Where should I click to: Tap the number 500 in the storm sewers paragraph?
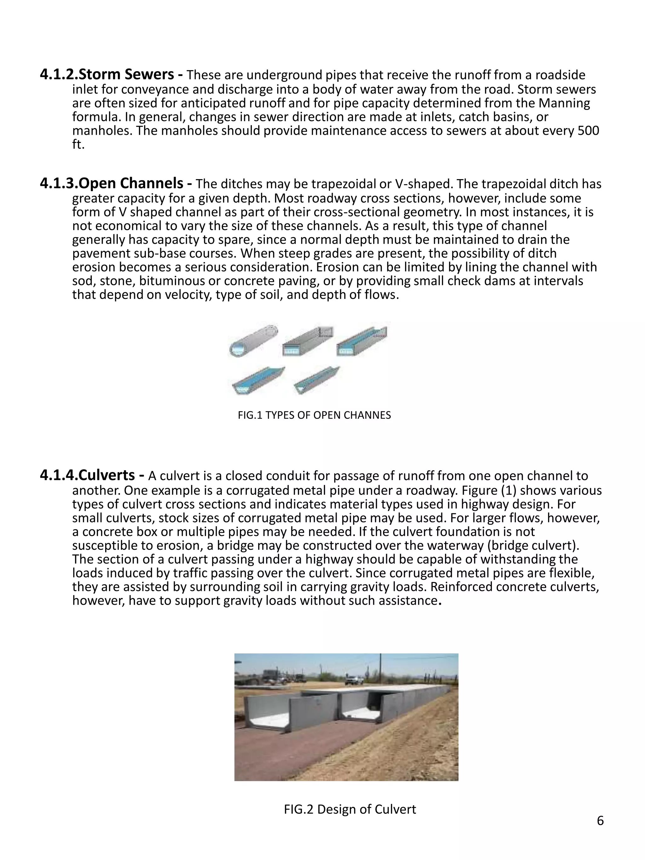tap(588, 131)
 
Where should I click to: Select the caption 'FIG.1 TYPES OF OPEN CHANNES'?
tap(314, 415)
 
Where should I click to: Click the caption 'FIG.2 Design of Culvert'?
tap(350, 809)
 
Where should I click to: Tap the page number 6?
tap(600, 821)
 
